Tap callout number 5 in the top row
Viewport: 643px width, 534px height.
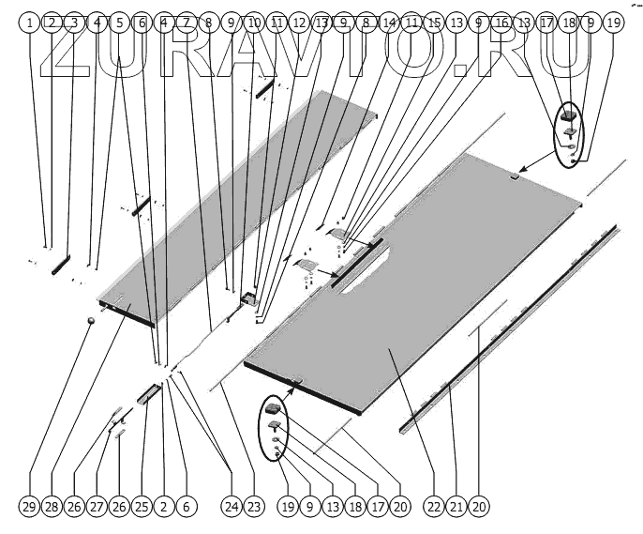click(x=119, y=22)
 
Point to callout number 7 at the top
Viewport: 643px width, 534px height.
click(x=186, y=22)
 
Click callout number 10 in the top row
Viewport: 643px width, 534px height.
click(x=254, y=22)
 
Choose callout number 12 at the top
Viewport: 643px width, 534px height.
click(x=299, y=22)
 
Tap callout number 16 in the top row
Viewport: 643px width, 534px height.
click(x=501, y=22)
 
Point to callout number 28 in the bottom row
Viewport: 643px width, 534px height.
click(x=52, y=507)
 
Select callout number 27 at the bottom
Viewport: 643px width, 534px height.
click(x=97, y=507)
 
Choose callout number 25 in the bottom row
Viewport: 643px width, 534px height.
click(x=142, y=507)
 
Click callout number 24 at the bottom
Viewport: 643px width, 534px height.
click(x=232, y=507)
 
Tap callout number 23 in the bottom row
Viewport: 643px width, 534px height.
click(x=254, y=507)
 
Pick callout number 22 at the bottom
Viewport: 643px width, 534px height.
click(x=434, y=507)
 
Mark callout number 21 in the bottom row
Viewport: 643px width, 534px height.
click(x=456, y=507)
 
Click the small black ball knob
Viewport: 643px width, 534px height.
click(x=92, y=322)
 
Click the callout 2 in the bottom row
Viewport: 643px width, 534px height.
click(x=164, y=507)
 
